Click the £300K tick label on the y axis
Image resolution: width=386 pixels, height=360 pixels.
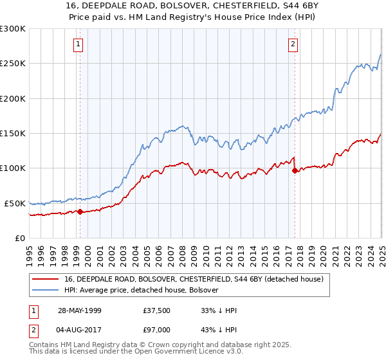(13, 29)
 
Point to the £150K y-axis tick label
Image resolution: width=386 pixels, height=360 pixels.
(13, 134)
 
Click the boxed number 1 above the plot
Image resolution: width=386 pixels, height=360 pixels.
(78, 44)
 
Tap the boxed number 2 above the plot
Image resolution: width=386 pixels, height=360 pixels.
(293, 44)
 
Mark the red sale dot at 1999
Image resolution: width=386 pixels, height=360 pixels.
(80, 212)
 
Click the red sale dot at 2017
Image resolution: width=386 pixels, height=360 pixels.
(295, 170)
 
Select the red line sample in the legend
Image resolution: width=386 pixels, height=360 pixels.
(46, 278)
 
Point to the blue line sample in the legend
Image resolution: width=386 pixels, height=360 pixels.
(46, 290)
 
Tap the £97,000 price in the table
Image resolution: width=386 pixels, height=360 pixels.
(158, 328)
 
